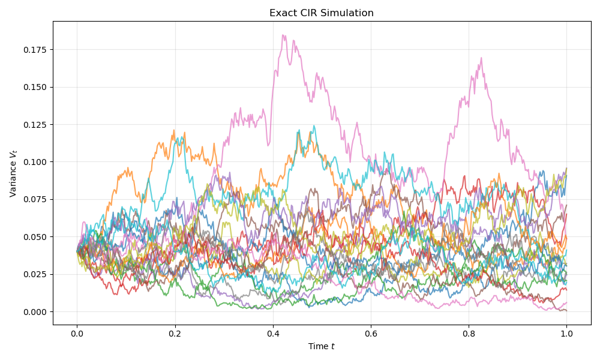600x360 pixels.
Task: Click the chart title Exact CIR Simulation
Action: click(322, 13)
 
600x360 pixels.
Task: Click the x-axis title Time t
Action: click(322, 346)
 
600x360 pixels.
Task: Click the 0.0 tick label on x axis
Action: click(77, 333)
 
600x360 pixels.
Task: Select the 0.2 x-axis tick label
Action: click(175, 333)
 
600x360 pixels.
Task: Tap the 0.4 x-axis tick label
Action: click(273, 333)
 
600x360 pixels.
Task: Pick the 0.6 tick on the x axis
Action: click(371, 333)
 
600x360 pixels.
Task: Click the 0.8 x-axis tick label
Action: click(469, 333)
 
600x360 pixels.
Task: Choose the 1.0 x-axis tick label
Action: click(566, 333)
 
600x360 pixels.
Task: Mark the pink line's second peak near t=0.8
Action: click(481, 58)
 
